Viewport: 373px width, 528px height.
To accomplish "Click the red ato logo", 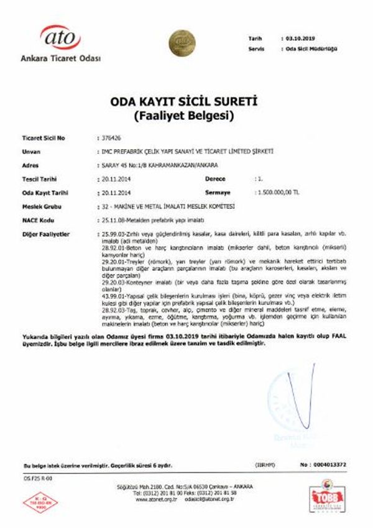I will click(60, 38).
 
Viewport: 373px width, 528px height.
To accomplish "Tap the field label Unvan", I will click(30, 152).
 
